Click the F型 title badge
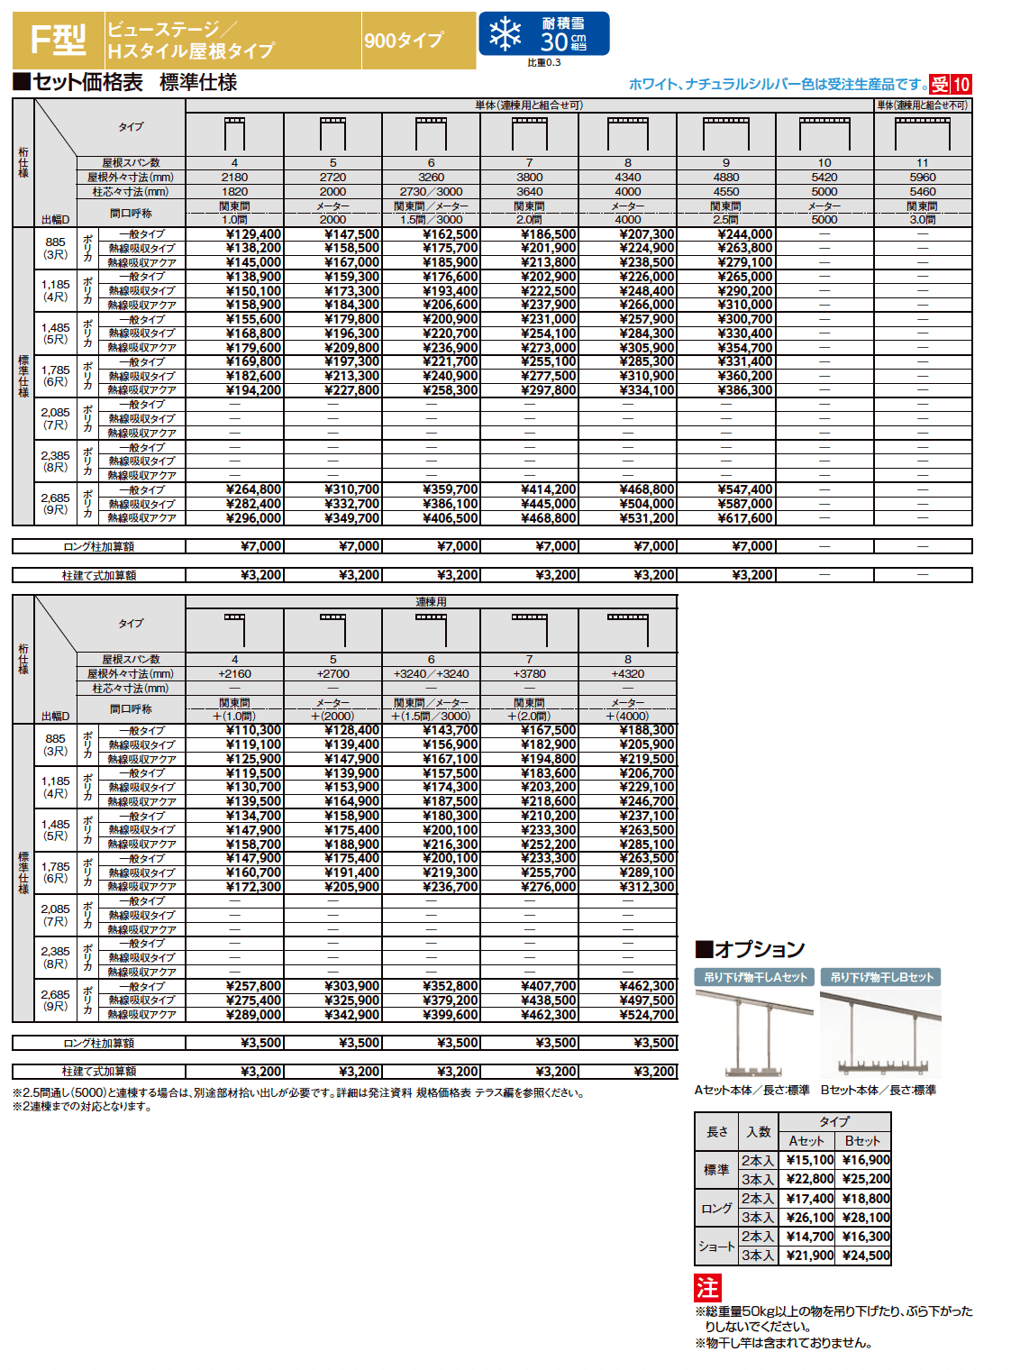pyautogui.click(x=58, y=40)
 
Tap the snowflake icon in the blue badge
pyautogui.click(x=505, y=34)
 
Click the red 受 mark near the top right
pyautogui.click(x=940, y=85)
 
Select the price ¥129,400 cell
pyautogui.click(x=253, y=234)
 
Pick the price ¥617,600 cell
pyautogui.click(x=744, y=518)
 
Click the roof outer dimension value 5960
pyautogui.click(x=922, y=178)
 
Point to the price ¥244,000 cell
pyautogui.click(x=744, y=234)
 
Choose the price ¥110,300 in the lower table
pyautogui.click(x=253, y=730)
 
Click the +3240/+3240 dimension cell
pyautogui.click(x=431, y=673)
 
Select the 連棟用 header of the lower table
pyautogui.click(x=431, y=601)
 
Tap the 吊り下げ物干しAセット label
pyautogui.click(x=755, y=977)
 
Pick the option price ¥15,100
pyautogui.click(x=809, y=1160)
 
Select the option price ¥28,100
pyautogui.click(x=865, y=1217)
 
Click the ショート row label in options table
pyautogui.click(x=716, y=1246)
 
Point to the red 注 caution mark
pyautogui.click(x=707, y=1287)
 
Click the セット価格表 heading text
pyautogui.click(x=87, y=83)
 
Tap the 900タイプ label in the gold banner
pyautogui.click(x=404, y=41)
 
